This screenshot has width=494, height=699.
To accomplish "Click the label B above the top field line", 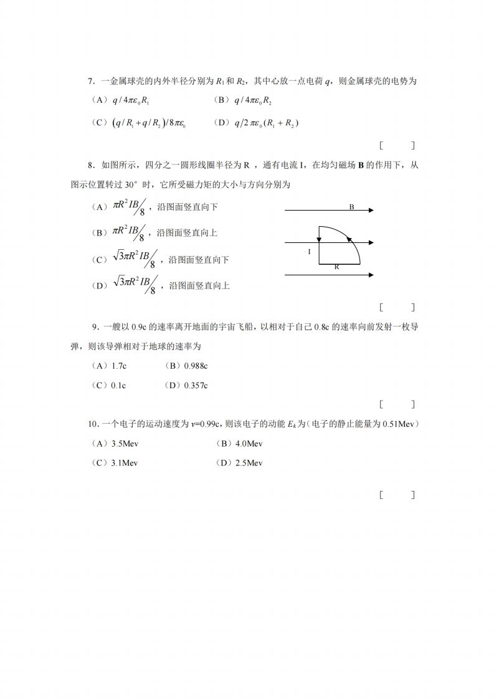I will [x=351, y=206].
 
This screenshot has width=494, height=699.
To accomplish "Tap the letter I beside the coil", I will [x=309, y=252].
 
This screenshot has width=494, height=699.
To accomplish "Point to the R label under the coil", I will [x=336, y=267].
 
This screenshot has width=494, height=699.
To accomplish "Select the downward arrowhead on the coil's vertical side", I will [x=319, y=238].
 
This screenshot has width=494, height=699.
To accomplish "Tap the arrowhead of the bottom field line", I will [x=371, y=274].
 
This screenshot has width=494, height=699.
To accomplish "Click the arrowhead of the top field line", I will [x=371, y=211].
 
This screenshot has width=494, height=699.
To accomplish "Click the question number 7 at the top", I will [x=91, y=82].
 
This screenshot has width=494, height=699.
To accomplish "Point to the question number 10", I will [x=93, y=424].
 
